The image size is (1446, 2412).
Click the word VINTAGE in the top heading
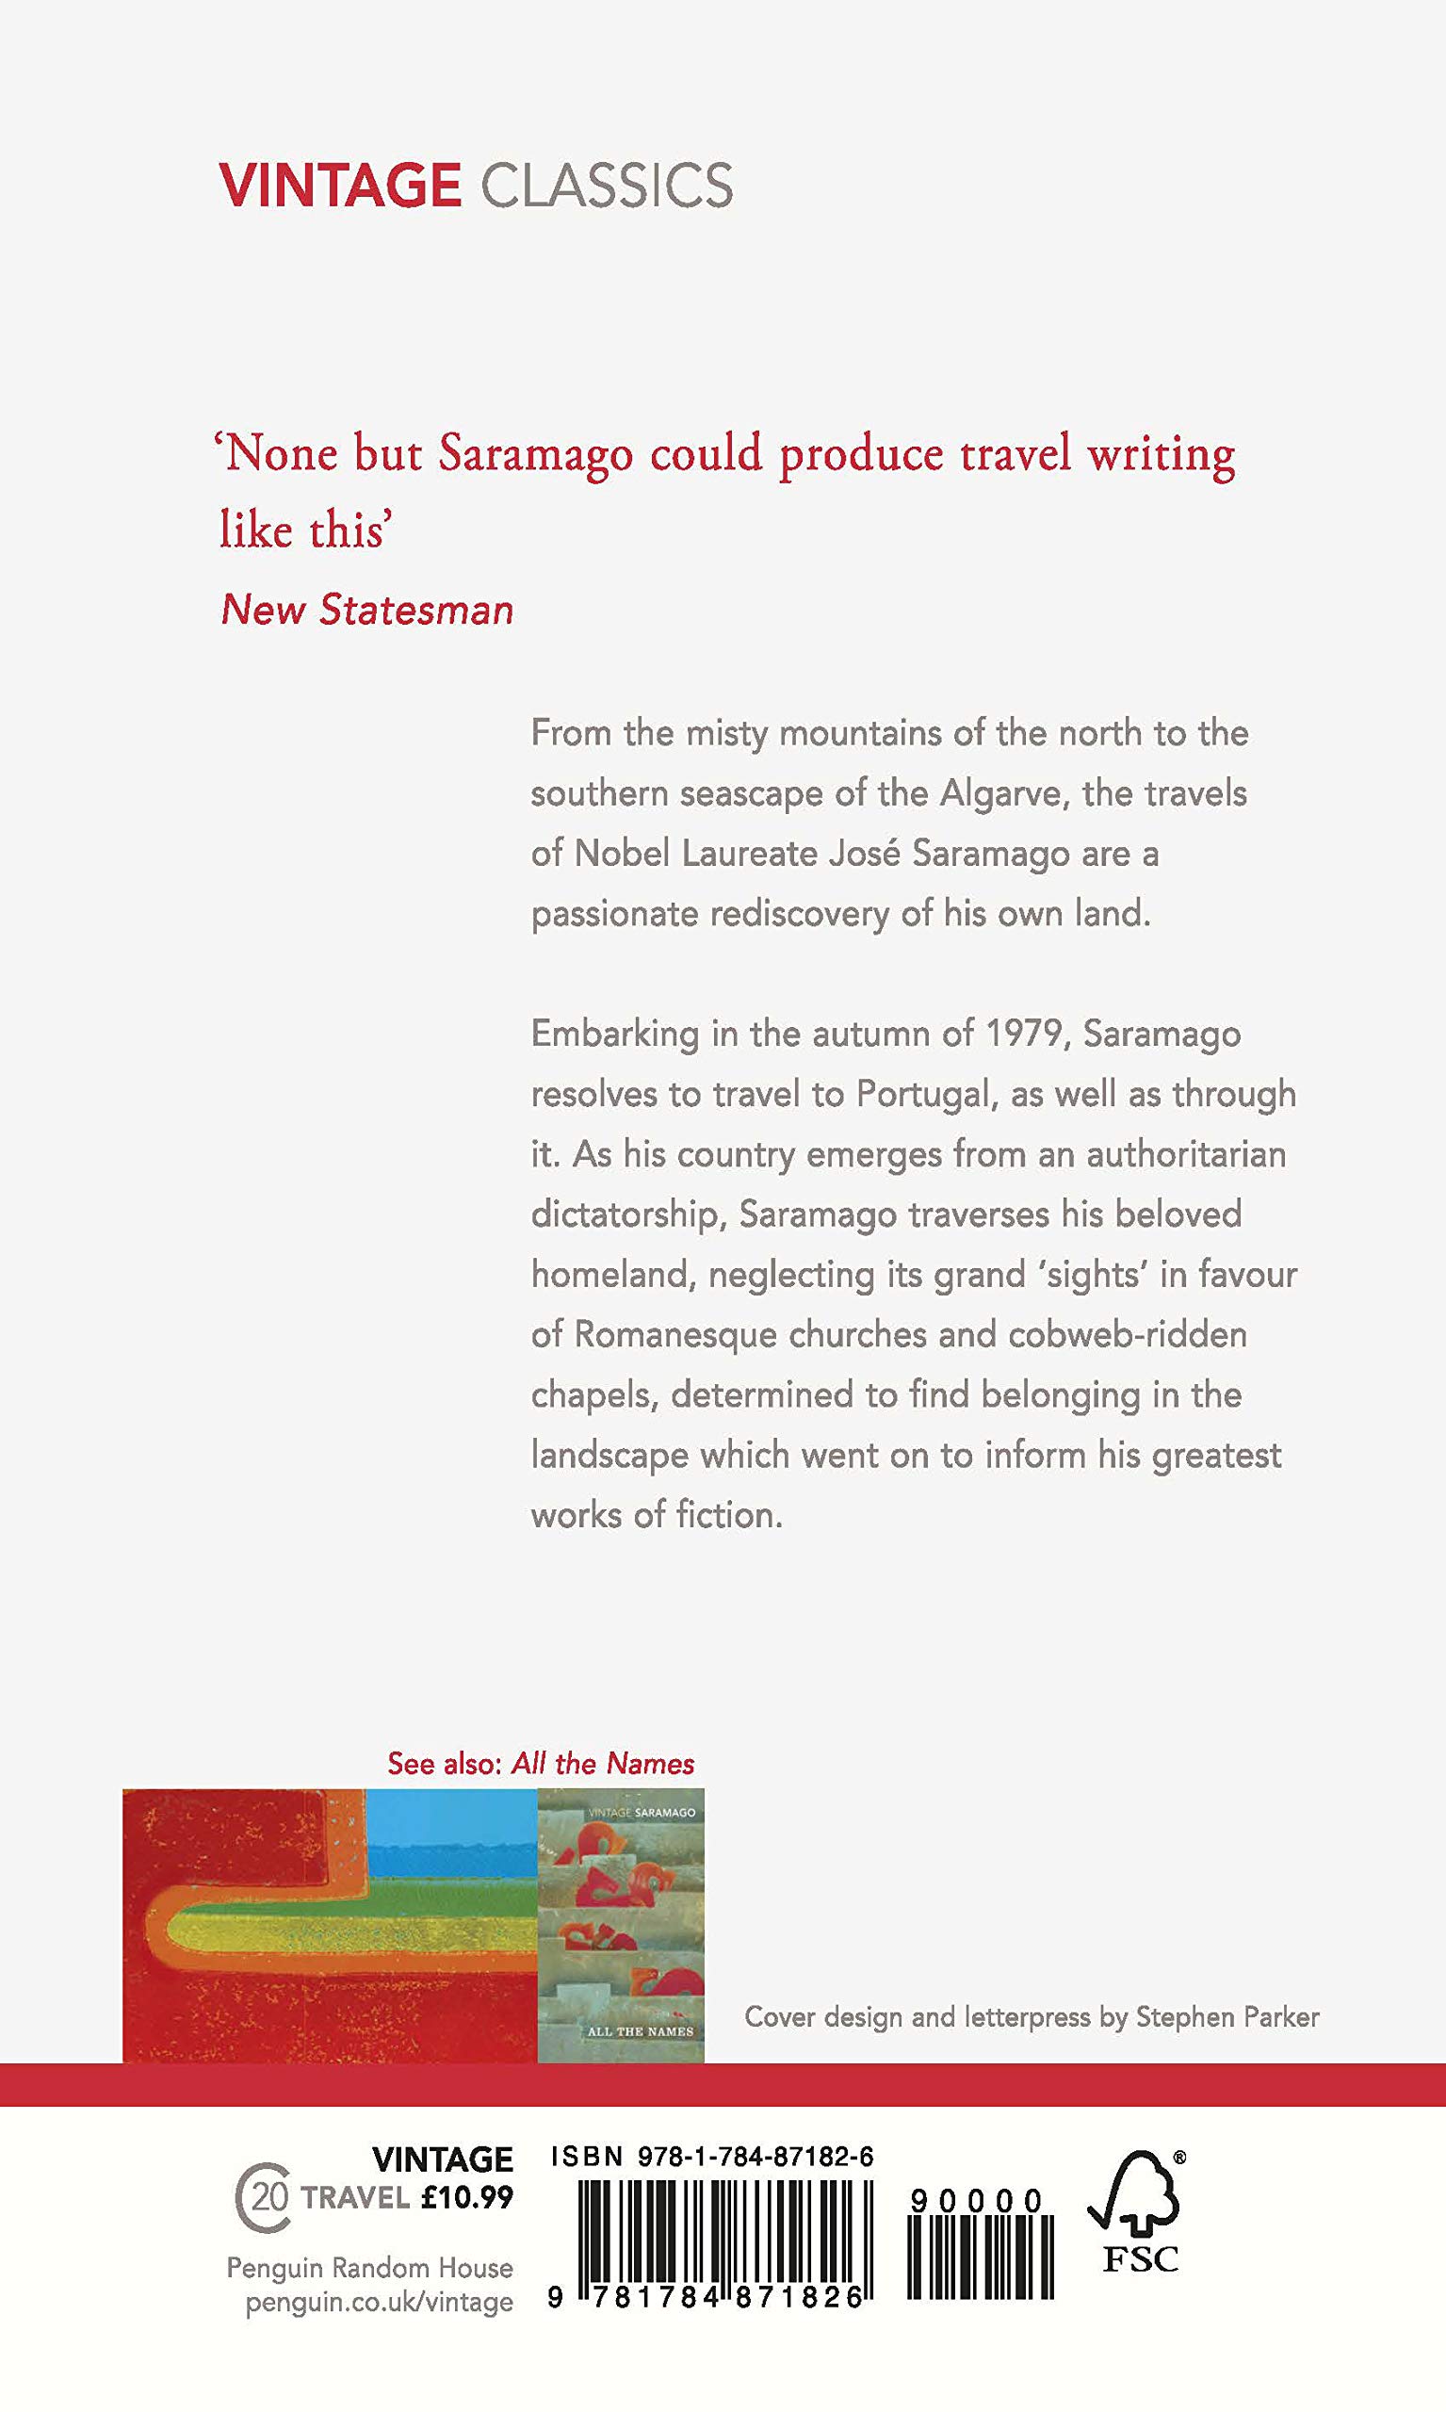(339, 186)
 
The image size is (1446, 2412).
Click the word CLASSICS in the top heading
(606, 186)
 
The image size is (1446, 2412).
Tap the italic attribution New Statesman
(367, 610)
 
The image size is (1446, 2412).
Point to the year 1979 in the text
(1023, 1033)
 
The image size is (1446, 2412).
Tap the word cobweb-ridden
(1128, 1334)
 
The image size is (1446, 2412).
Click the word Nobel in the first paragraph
(623, 854)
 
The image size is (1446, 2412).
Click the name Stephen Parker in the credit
(1227, 2017)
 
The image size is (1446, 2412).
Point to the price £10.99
(466, 2197)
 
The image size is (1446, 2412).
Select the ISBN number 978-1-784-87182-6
(755, 2158)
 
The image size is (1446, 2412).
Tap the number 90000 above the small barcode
(977, 2201)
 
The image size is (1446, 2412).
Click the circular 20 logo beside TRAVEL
(264, 2197)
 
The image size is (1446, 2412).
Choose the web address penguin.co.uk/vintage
(379, 2302)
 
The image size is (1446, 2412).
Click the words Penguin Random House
(369, 2268)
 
